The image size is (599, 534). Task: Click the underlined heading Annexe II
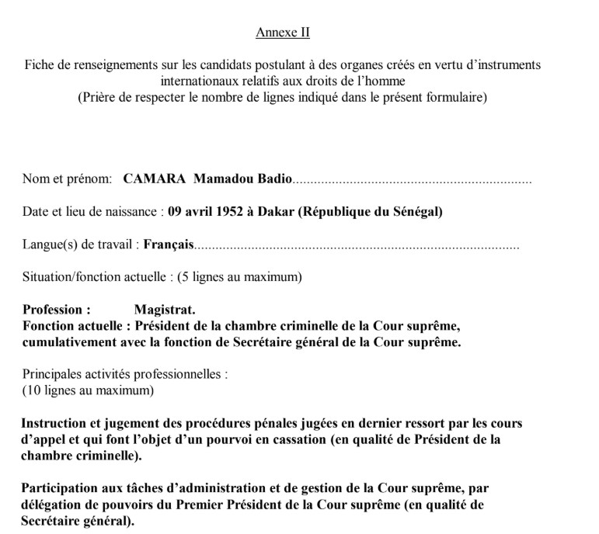click(282, 33)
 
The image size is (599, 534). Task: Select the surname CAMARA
click(153, 180)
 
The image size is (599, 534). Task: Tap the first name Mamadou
click(225, 180)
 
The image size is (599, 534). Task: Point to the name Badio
click(276, 180)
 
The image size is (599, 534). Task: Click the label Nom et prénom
click(68, 180)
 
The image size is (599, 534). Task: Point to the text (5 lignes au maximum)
click(239, 277)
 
